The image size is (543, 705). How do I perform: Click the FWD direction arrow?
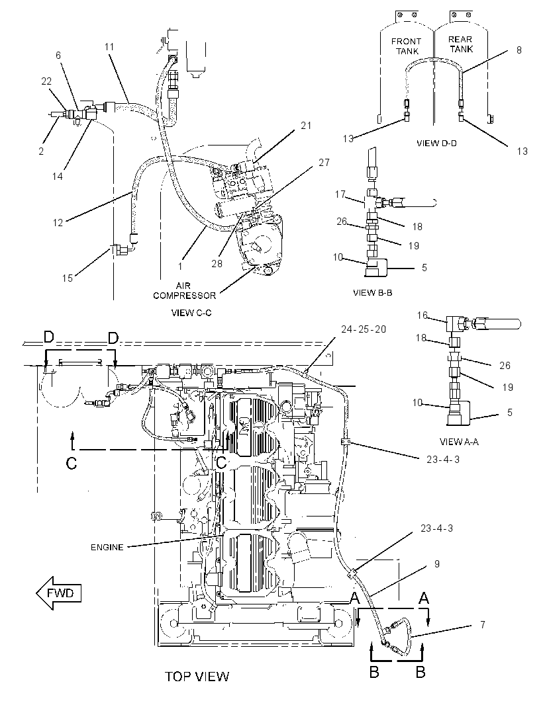(58, 593)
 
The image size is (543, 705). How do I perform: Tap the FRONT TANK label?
(406, 46)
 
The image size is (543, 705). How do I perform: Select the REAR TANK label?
(460, 44)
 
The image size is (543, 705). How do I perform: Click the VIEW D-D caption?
(436, 143)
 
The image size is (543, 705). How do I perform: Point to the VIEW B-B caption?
(372, 293)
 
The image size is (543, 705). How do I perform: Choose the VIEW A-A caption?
(459, 442)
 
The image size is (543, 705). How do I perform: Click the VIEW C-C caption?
(191, 312)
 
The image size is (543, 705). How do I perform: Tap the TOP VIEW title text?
(197, 676)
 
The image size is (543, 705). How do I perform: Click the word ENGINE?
(107, 547)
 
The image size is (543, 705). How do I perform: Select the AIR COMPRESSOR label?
(184, 290)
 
